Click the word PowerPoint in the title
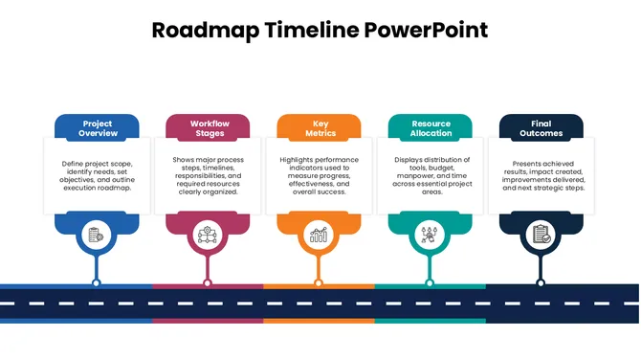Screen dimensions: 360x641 [x=426, y=30]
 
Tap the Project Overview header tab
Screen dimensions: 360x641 [x=97, y=128]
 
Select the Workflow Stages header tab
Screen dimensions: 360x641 [x=209, y=128]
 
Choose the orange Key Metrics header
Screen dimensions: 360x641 [x=320, y=128]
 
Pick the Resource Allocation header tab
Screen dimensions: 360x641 [x=431, y=128]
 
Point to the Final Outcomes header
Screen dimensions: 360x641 [x=541, y=128]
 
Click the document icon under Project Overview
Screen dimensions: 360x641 [x=96, y=234]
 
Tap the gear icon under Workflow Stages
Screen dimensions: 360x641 [x=208, y=234]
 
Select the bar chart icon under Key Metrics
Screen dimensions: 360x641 [x=319, y=234]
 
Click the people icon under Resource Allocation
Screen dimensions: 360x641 [x=430, y=234]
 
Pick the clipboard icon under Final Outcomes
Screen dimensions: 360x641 [x=541, y=234]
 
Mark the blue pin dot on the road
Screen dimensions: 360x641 [x=96, y=282]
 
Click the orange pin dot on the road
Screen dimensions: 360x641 [x=319, y=282]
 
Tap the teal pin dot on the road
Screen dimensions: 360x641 [x=430, y=282]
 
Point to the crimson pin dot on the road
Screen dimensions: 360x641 [x=208, y=282]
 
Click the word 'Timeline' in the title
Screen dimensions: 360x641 [x=309, y=30]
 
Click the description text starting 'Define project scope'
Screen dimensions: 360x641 [x=97, y=175]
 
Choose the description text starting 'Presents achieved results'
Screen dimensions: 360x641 [x=542, y=175]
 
